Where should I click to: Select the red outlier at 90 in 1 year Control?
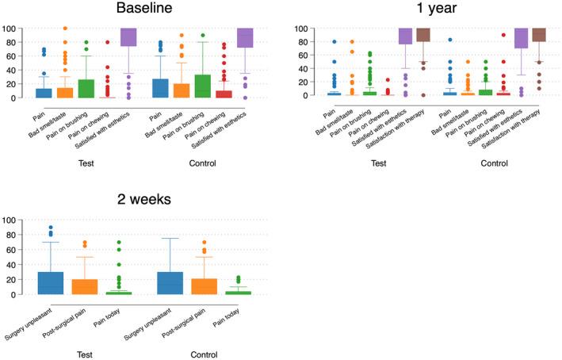tap(501, 35)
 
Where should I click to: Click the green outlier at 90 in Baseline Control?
tap(203, 36)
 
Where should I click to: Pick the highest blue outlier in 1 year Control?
tap(449, 40)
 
